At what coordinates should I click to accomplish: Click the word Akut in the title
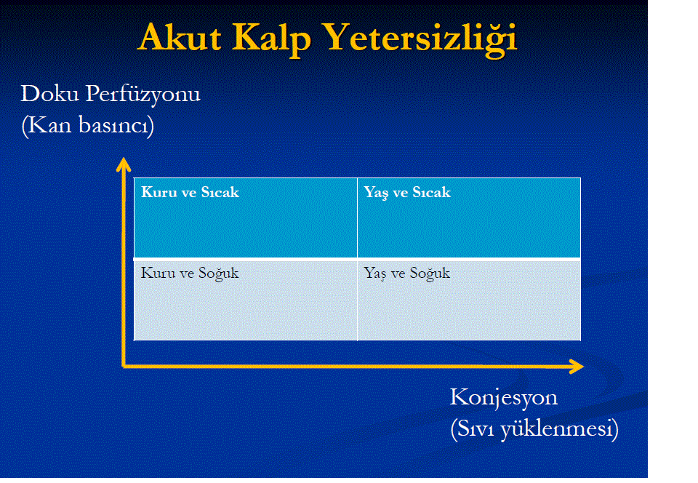tap(180, 37)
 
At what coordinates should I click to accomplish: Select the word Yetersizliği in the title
tap(420, 39)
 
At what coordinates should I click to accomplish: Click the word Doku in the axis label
tap(50, 94)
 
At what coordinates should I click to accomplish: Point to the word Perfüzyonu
tap(143, 95)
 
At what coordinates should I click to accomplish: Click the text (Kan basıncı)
tap(88, 125)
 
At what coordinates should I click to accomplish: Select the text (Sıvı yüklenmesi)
tap(534, 429)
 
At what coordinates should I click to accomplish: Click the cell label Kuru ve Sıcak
tap(190, 192)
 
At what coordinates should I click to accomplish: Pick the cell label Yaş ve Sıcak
tap(407, 193)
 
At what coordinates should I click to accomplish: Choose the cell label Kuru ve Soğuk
tap(190, 274)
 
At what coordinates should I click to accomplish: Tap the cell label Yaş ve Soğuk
tap(407, 274)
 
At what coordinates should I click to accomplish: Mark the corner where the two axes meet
tap(124, 367)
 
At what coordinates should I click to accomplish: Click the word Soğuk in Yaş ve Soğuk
tap(430, 274)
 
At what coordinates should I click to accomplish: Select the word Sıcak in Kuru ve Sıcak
tap(220, 192)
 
